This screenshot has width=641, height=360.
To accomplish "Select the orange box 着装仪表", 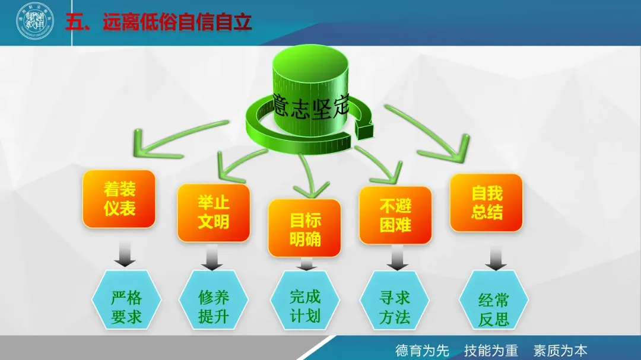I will [119, 199].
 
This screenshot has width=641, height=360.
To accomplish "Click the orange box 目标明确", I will [305, 228].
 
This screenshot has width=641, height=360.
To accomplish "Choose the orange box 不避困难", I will [396, 215].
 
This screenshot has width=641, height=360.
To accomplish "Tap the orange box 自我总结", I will [487, 202].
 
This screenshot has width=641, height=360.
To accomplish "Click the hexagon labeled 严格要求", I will [126, 307].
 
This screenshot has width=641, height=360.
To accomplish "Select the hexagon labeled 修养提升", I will [214, 306].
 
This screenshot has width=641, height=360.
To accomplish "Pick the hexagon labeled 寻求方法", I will [395, 306].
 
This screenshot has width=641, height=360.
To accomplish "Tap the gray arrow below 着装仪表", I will [125, 254].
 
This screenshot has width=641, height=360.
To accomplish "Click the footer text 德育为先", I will [422, 350].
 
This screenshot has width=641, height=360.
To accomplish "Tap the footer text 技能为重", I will [491, 350].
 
